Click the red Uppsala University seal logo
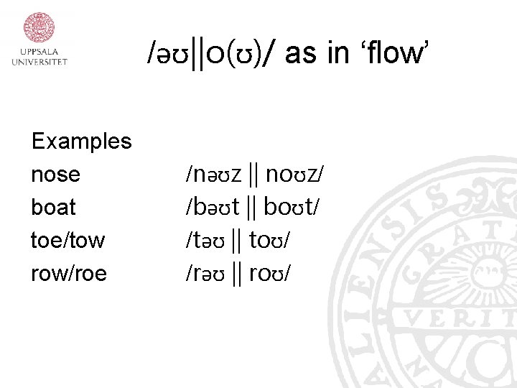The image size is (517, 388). click(x=39, y=27)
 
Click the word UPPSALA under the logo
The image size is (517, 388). click(x=39, y=52)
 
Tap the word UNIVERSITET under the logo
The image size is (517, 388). click(x=39, y=62)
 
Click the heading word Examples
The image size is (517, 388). click(x=81, y=141)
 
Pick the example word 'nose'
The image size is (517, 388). click(x=55, y=175)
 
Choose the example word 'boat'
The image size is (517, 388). click(x=53, y=207)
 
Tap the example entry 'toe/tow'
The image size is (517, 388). click(x=67, y=240)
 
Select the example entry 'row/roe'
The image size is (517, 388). click(x=68, y=273)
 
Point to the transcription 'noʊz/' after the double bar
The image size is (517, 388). click(x=295, y=174)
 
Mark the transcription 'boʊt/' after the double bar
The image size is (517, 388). click(x=292, y=207)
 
